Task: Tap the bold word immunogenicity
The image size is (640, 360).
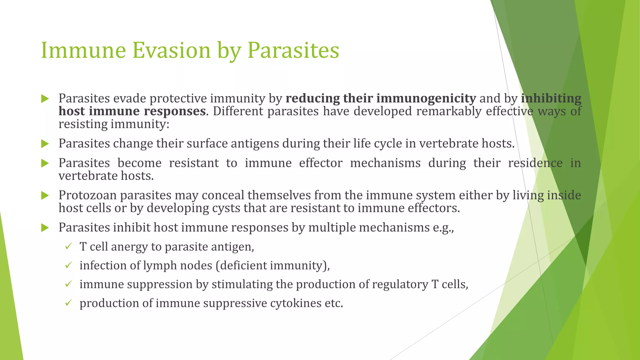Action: click(x=426, y=98)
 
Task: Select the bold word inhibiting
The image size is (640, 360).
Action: click(x=551, y=98)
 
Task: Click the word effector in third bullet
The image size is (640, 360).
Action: click(x=321, y=163)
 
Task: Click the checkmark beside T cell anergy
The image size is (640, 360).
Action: click(x=68, y=247)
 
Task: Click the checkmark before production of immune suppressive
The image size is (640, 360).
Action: click(x=68, y=303)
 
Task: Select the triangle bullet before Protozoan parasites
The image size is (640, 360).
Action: click(x=45, y=196)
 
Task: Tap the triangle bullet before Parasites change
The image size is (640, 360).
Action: click(x=45, y=144)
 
